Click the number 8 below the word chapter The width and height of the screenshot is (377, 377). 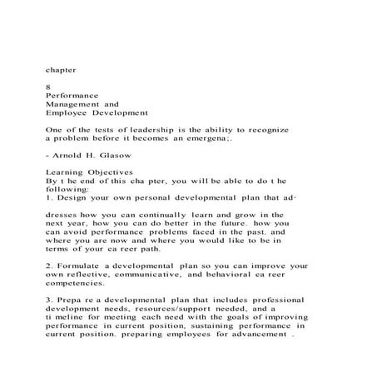pos(47,86)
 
